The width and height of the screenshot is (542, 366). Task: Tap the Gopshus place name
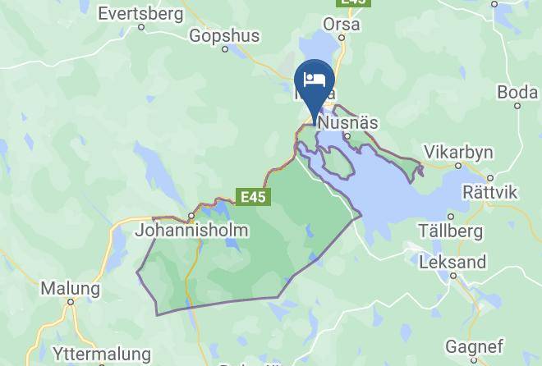point(224,35)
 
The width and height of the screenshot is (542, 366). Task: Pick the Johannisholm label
point(191,231)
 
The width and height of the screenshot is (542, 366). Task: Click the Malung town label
point(71,288)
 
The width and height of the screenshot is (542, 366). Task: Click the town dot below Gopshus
point(226,49)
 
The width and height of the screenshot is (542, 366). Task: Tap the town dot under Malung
point(71,302)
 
